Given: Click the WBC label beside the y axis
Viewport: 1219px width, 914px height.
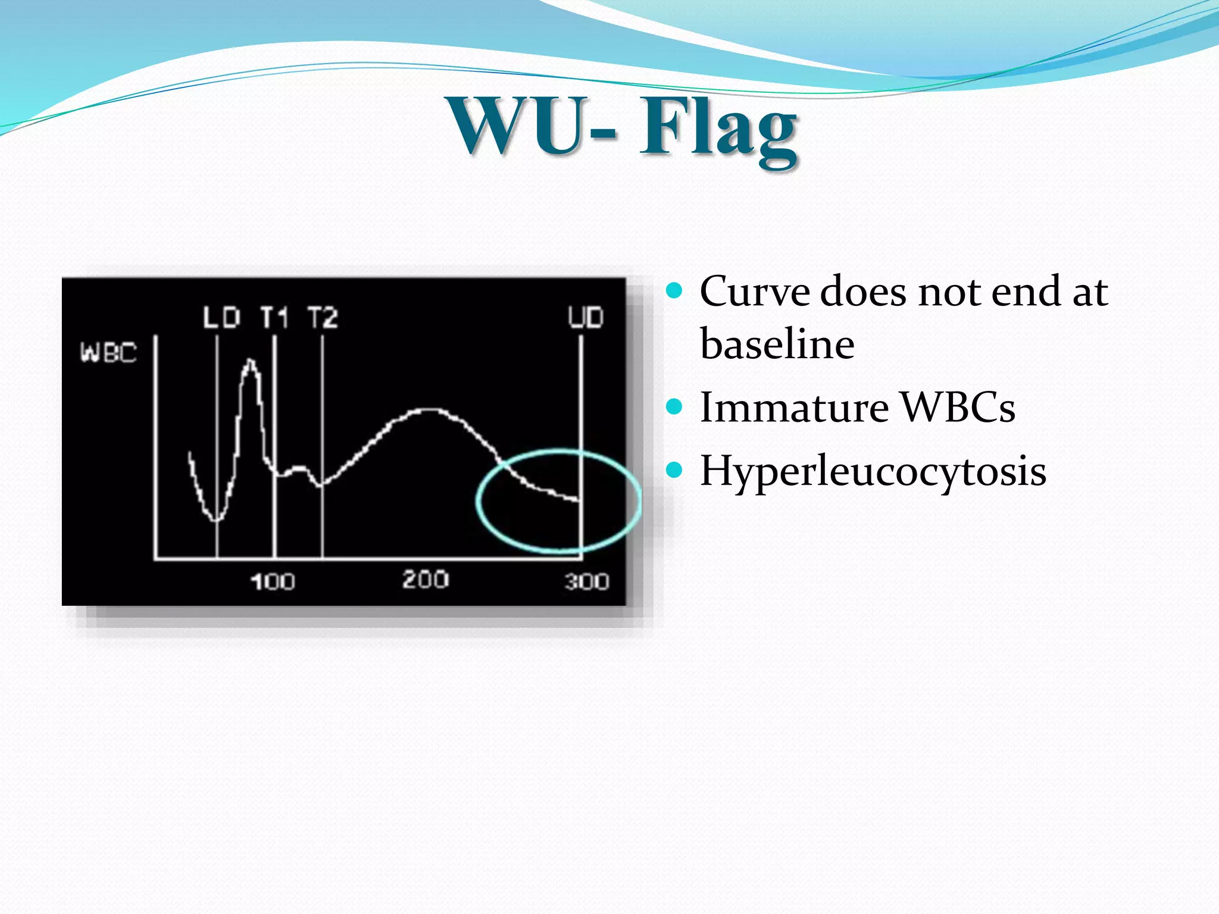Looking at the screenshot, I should [109, 352].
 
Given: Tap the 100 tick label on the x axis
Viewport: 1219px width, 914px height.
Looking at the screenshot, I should [272, 581].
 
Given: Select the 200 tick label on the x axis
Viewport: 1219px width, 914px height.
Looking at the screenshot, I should [425, 579].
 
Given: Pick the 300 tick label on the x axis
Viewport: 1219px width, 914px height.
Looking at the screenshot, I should [587, 581].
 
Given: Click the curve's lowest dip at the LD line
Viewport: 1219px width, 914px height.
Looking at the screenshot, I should [216, 520].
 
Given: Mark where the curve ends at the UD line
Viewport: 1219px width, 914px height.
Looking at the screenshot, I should [579, 500].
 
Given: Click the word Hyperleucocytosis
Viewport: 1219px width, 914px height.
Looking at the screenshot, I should [873, 471].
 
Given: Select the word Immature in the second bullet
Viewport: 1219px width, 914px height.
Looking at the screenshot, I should [794, 408].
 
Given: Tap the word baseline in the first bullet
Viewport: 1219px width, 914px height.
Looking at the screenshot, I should [777, 344].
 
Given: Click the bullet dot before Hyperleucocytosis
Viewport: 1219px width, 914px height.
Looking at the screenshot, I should [674, 470].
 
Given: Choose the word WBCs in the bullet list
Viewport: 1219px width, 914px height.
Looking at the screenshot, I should [957, 408].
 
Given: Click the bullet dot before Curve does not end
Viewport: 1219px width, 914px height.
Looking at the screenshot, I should [674, 290].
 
